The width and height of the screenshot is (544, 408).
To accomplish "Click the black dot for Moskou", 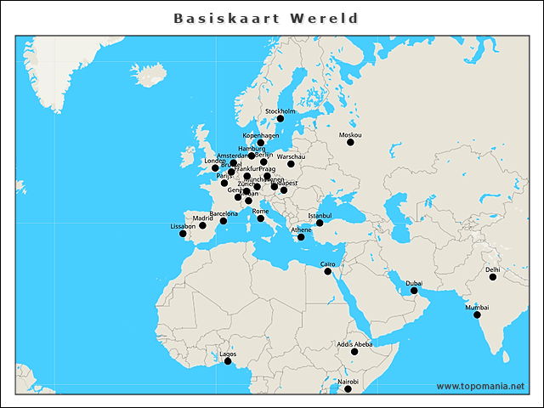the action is (x=349, y=142).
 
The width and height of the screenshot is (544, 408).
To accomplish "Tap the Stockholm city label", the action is (x=280, y=111).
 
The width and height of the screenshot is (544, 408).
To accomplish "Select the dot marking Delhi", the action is (x=493, y=277).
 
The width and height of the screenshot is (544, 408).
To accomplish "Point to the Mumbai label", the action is (x=477, y=307).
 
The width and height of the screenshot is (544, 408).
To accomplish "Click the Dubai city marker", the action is (x=414, y=291).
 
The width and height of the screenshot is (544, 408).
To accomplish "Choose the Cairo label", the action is (x=327, y=264).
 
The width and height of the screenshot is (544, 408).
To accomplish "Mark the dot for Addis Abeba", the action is (x=354, y=351).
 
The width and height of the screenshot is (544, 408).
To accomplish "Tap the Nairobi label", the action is (x=348, y=382).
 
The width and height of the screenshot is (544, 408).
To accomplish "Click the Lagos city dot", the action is (x=228, y=361).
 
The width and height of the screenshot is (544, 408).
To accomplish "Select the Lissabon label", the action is (x=183, y=226).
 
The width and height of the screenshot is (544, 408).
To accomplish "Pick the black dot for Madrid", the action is (x=202, y=225).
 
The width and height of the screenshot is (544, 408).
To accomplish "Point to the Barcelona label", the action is (x=224, y=213).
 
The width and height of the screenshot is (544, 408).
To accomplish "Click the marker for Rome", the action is (x=261, y=218).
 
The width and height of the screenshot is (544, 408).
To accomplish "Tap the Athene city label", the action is (x=302, y=229).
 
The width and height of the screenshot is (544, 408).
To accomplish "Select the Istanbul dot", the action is (x=320, y=223).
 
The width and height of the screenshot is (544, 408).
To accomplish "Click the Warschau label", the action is (x=291, y=156).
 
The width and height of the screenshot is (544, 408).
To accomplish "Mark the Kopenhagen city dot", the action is (x=261, y=143).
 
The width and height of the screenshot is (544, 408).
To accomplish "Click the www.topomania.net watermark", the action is (x=480, y=386).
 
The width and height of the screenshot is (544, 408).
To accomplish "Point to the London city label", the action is (x=214, y=161).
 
